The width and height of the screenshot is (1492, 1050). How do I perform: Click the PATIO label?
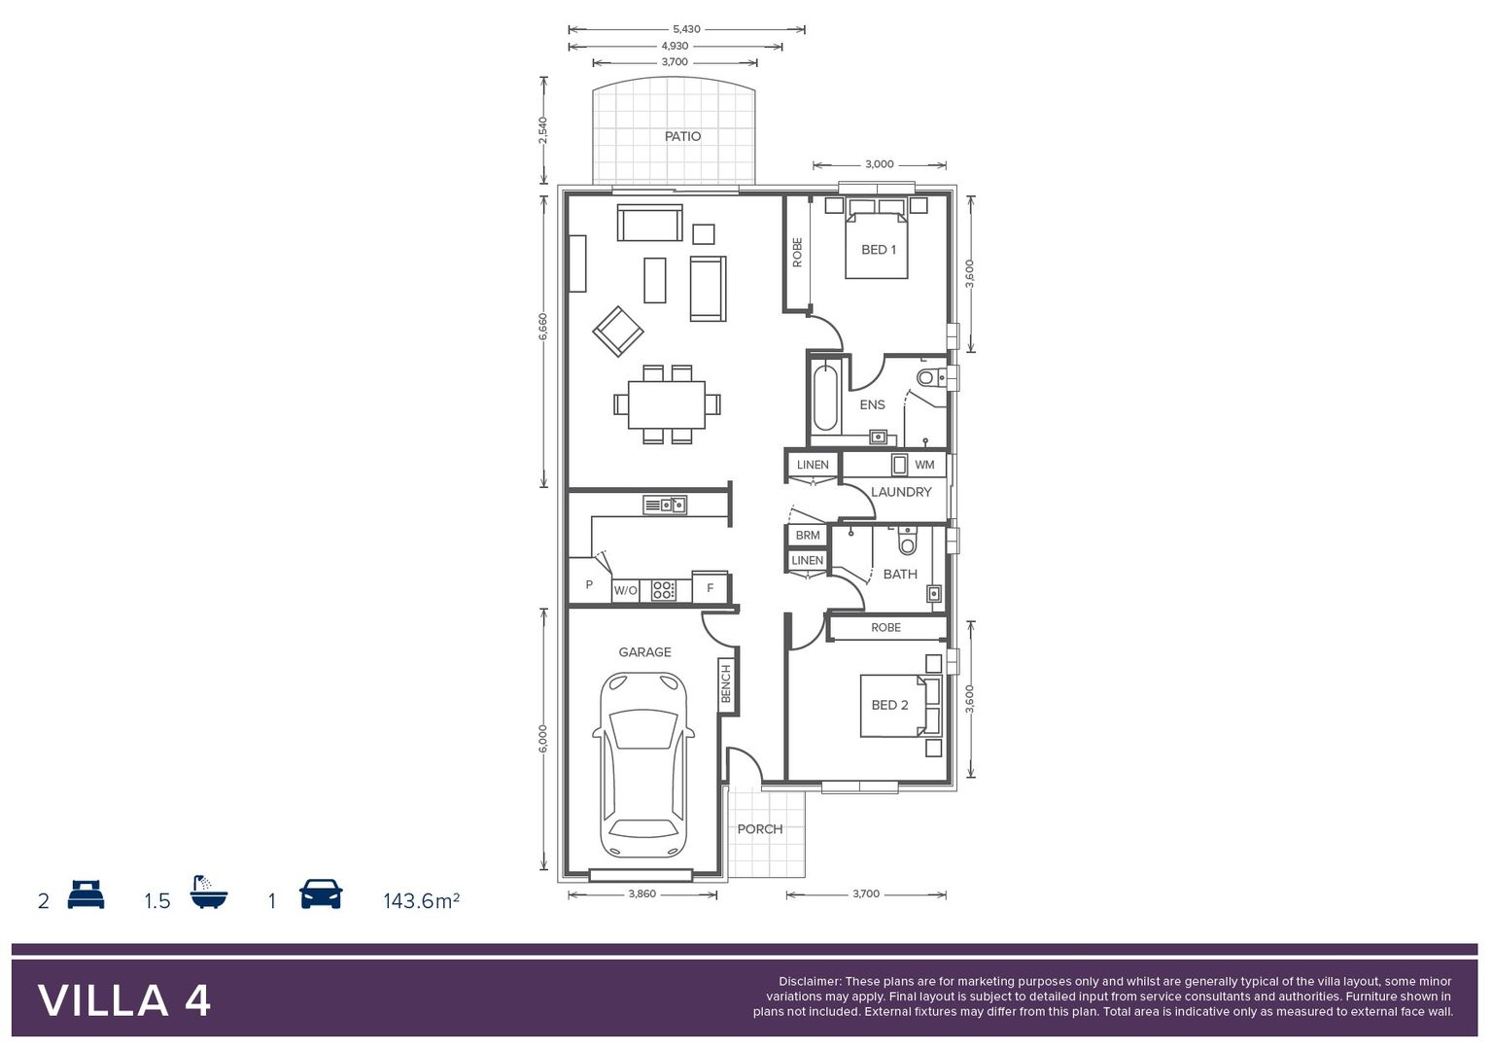(x=682, y=136)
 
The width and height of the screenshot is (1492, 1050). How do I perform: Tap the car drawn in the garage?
(x=643, y=766)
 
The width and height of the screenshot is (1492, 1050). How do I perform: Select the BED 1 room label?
(x=879, y=250)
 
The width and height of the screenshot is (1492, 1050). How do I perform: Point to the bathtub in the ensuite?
(x=825, y=397)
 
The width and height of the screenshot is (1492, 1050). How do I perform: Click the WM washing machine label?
(x=924, y=465)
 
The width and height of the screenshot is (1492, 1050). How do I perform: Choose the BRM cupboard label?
(x=808, y=536)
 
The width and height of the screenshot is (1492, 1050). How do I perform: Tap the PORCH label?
(x=759, y=829)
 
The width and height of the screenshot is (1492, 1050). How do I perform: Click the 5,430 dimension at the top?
(x=686, y=29)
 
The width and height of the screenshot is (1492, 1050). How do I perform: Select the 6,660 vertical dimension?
(x=543, y=327)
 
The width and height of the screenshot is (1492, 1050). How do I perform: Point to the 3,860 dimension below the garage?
(x=642, y=894)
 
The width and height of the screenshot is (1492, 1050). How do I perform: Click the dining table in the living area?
(x=667, y=404)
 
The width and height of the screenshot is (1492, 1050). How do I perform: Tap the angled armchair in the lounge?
(x=618, y=332)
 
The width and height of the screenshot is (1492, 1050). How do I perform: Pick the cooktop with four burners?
(x=664, y=589)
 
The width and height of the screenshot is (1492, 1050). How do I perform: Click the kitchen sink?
(x=665, y=505)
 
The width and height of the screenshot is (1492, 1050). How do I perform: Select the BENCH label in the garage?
(x=726, y=683)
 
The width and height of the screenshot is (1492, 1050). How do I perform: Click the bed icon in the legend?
(x=86, y=894)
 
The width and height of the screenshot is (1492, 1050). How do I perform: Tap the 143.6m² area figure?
(x=421, y=901)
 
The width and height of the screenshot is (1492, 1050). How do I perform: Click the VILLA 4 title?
(x=124, y=1000)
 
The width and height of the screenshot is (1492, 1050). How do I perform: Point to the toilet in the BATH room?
(x=908, y=541)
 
